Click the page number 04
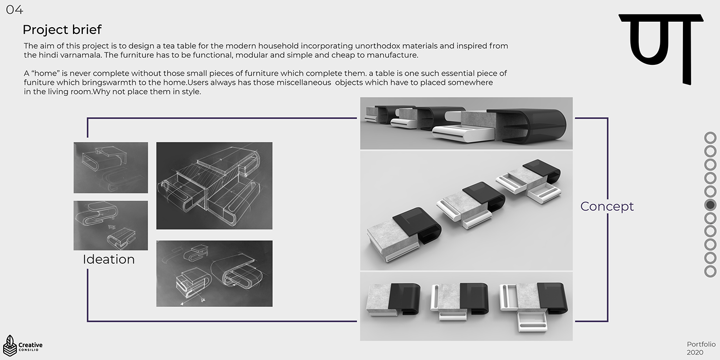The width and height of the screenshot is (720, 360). tap(14, 10)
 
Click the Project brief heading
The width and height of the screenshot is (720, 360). tap(62, 30)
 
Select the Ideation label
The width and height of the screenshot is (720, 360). tap(109, 259)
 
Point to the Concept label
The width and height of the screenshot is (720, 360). tap(607, 206)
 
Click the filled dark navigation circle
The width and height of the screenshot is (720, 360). tap(710, 205)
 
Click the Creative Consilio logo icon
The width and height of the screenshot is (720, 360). tap(10, 345)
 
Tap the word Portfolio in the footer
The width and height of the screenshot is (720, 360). tap(701, 344)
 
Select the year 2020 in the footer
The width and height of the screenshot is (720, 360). tap(695, 353)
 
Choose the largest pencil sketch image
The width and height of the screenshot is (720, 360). tap(214, 186)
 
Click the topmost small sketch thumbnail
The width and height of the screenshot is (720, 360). tap(111, 168)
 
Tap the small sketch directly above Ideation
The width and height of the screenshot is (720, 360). tap(111, 226)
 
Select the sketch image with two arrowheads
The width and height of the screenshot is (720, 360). tap(214, 274)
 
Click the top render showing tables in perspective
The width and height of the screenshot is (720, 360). tap(466, 123)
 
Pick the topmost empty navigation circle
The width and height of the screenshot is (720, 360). tap(710, 138)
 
